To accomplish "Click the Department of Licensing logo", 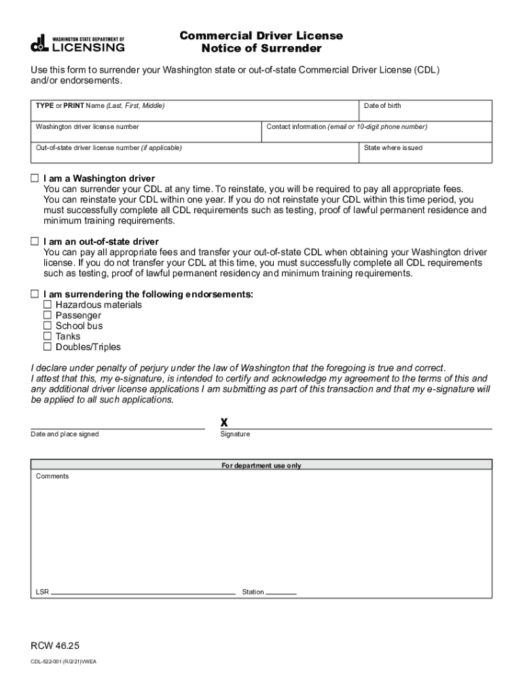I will pos(77,43).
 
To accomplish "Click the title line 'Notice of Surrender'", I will pos(261,49).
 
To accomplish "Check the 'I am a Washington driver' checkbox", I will pos(35,178).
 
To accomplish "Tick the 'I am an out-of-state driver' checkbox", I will pos(35,242).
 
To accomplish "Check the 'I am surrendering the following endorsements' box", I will pos(35,294).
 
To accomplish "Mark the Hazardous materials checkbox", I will pos(48,305).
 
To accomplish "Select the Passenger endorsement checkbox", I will pos(48,315).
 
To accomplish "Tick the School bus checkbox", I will pos(48,326).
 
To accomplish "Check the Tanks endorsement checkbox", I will pos(48,336).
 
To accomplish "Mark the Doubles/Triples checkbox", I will pos(48,347).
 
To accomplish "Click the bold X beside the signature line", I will pos(224,422).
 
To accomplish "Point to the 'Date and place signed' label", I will pos(65,434).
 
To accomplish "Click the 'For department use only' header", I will pos(261,466).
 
